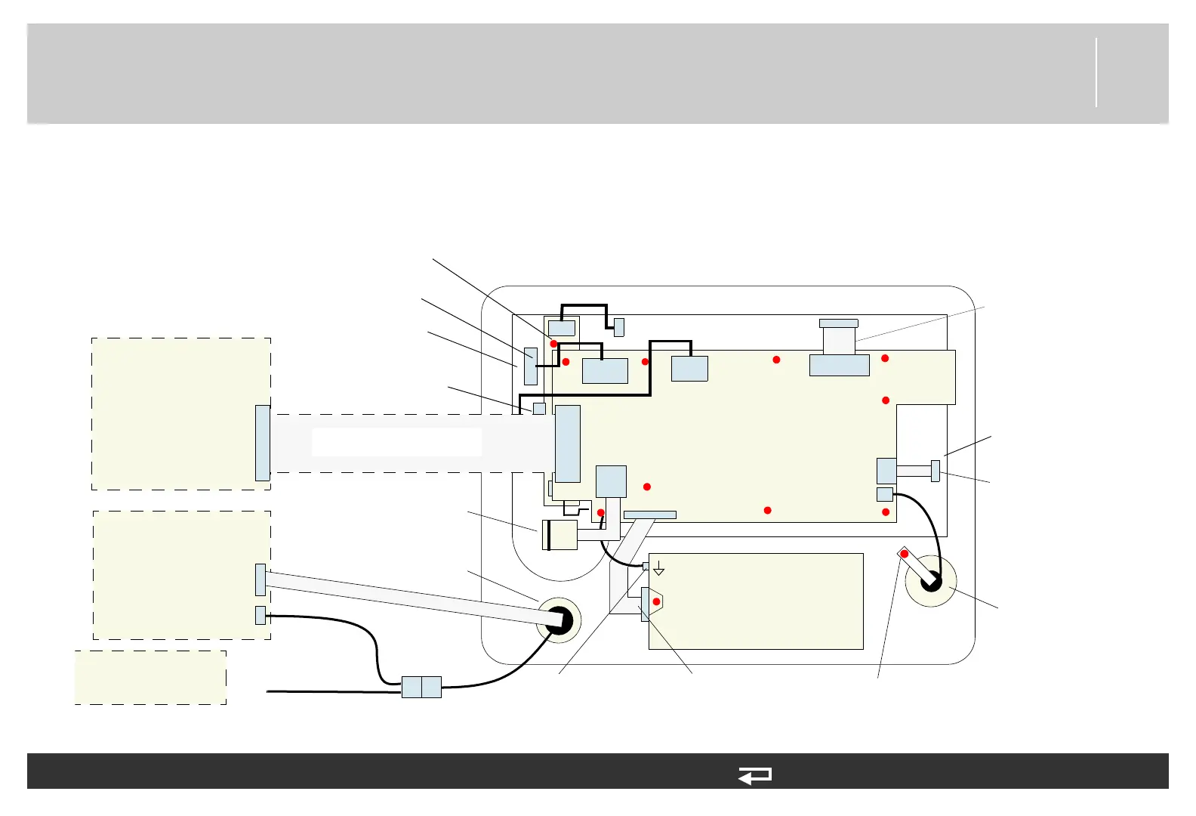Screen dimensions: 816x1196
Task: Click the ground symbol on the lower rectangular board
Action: point(658,569)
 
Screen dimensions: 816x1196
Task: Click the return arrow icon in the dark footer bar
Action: point(755,775)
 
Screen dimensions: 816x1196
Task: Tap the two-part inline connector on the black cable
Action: point(421,687)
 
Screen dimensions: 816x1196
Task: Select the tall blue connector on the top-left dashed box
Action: point(262,443)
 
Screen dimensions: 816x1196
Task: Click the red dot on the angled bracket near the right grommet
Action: point(905,554)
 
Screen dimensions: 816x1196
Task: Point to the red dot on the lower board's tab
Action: point(657,601)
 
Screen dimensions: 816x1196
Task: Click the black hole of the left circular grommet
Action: point(559,620)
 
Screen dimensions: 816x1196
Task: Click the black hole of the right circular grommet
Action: point(931,582)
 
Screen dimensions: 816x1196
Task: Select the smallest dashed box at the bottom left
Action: point(150,677)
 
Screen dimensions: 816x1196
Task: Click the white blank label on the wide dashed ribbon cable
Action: point(396,442)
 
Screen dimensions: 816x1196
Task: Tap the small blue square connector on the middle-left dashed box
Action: point(260,615)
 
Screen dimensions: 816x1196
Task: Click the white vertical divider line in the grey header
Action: point(1096,73)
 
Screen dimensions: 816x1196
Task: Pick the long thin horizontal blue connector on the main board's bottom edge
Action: point(649,515)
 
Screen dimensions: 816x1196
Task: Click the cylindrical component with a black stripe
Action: point(559,535)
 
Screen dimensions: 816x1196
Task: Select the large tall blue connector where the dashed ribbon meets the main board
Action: point(568,444)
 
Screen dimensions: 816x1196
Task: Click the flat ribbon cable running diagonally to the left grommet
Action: point(408,597)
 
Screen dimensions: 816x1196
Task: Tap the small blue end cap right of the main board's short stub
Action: point(936,471)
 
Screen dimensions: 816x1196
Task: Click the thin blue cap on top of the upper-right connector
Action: point(839,323)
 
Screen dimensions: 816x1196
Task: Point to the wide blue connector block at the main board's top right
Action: point(839,366)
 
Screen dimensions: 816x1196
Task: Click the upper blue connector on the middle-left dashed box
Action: point(260,580)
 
